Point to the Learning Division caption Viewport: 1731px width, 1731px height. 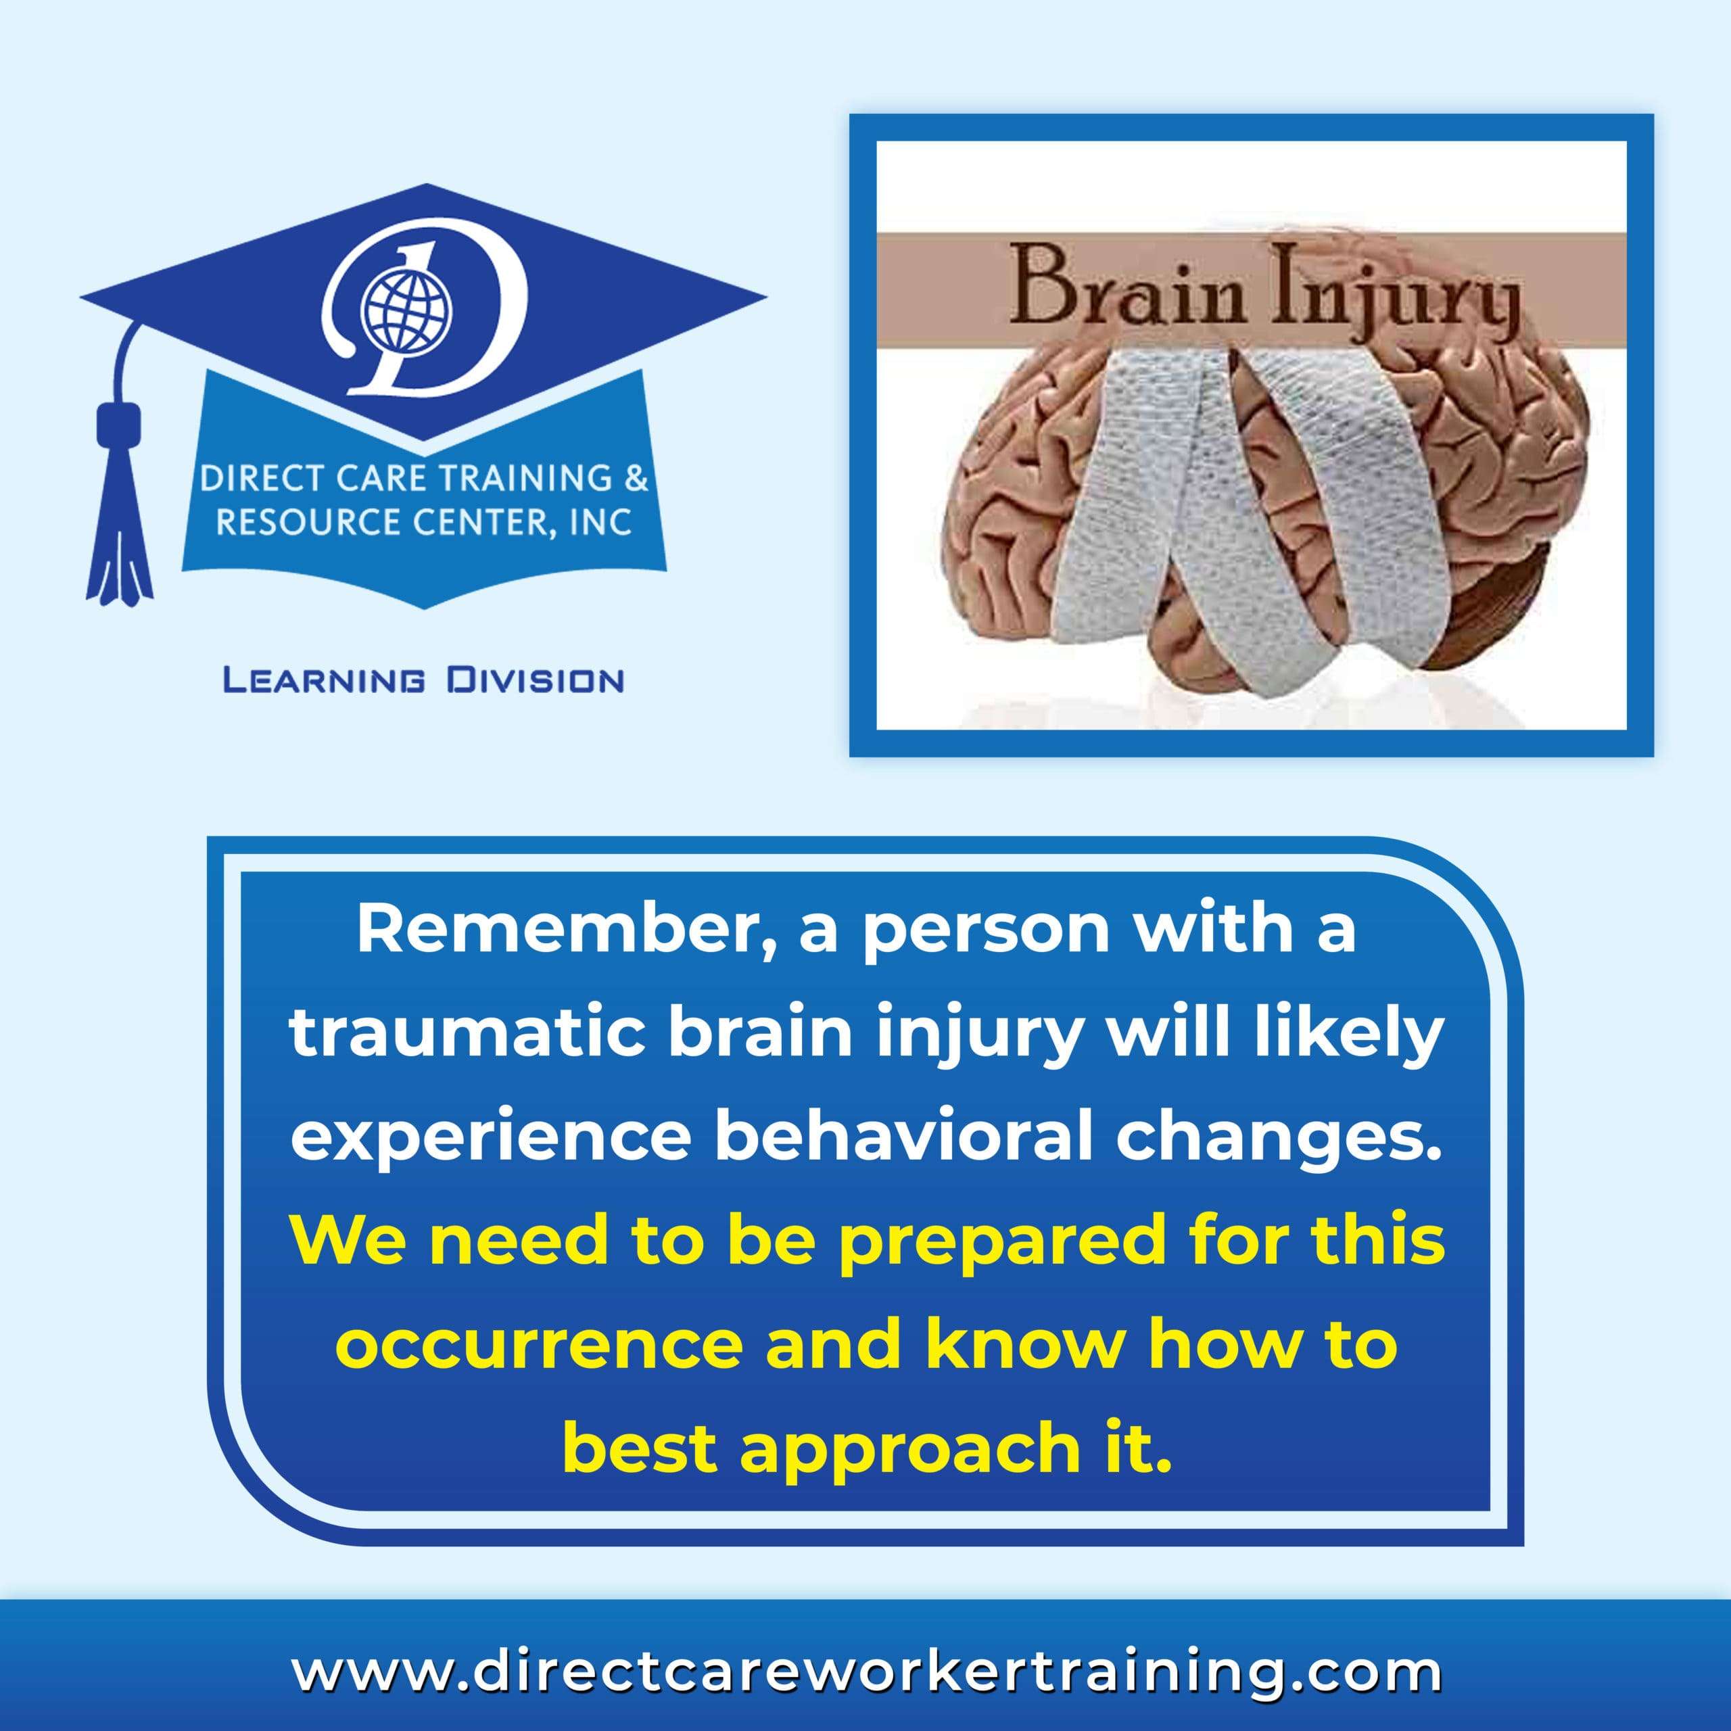423,682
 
